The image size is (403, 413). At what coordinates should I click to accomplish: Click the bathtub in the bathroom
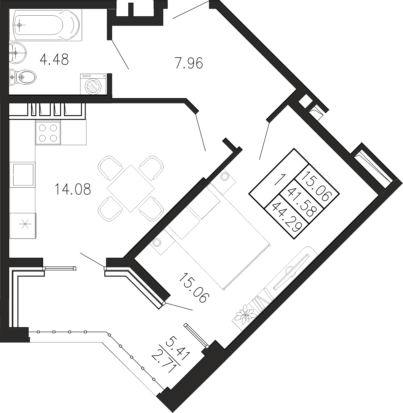point(47,25)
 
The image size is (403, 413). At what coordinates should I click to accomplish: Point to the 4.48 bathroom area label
point(54,60)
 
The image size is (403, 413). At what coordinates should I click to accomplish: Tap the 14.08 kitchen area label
point(73,189)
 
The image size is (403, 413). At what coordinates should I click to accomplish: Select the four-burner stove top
point(48,133)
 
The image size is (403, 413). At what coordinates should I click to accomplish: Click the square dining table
point(131,188)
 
